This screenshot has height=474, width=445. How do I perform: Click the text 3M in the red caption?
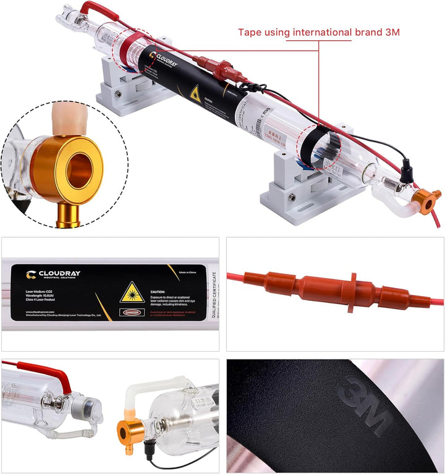pos(391,32)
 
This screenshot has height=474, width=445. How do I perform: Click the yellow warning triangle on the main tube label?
pos(195,94)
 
